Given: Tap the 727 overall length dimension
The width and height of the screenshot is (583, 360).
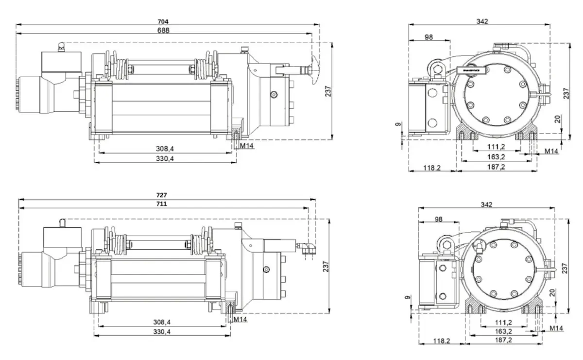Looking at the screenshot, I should (162, 195).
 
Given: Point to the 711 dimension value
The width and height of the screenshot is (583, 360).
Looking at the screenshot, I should (162, 204).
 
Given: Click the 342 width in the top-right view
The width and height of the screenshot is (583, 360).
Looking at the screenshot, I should (482, 21).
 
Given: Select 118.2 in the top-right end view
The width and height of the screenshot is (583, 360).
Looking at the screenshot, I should (431, 168).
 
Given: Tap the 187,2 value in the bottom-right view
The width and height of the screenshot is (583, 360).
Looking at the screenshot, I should (503, 341).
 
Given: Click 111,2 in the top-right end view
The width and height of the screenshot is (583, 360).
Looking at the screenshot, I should (496, 147).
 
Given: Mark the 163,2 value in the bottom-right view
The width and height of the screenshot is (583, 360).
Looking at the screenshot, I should (503, 331).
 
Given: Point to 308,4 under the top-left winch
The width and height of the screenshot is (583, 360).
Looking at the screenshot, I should (165, 149).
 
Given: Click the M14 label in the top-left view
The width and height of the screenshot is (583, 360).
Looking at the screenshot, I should (246, 145).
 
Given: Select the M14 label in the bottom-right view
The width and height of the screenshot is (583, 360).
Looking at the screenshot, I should (556, 328).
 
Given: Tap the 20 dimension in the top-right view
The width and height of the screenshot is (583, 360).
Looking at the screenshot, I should (557, 119).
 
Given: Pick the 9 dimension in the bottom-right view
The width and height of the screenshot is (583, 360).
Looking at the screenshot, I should (407, 297).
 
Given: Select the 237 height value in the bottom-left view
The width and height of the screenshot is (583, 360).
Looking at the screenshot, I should (326, 266).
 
